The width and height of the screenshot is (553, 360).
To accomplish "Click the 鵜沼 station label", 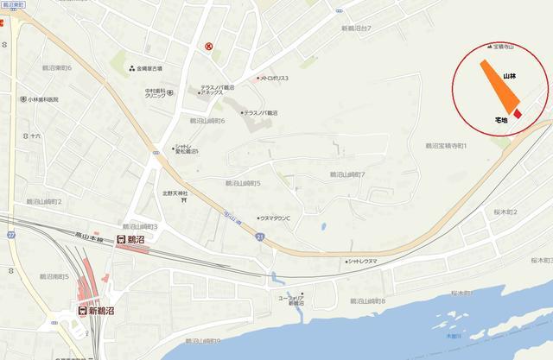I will click(x=134, y=239).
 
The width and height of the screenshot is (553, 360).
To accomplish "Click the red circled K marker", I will click(x=208, y=47).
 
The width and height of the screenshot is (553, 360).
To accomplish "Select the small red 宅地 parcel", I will click(x=518, y=113).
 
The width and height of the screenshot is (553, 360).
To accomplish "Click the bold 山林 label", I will click(x=511, y=77).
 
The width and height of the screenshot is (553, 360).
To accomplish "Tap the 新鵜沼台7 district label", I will click(x=355, y=28).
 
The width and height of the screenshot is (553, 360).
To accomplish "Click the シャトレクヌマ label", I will click(x=362, y=261).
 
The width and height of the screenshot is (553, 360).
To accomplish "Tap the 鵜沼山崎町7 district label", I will click(x=348, y=174).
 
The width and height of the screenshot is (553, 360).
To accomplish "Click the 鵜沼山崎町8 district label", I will click(x=367, y=300).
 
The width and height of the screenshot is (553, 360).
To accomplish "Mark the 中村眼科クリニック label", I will click(x=161, y=92).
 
